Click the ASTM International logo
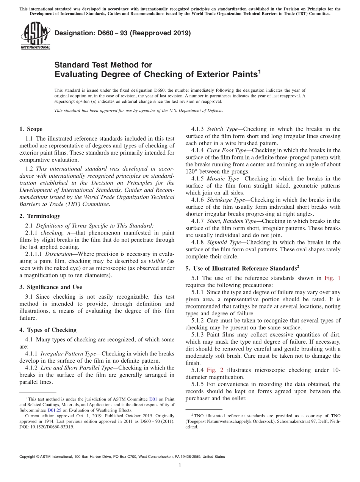[x=35, y=36]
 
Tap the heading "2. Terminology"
[x=40, y=216]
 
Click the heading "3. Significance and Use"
[x=50, y=287]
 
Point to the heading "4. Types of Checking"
[x=48, y=330]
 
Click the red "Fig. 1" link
[x=332, y=278]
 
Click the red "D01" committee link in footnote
[x=153, y=399]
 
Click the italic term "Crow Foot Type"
[x=226, y=150]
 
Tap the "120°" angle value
[x=193, y=172]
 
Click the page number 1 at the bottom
[x=180, y=466]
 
